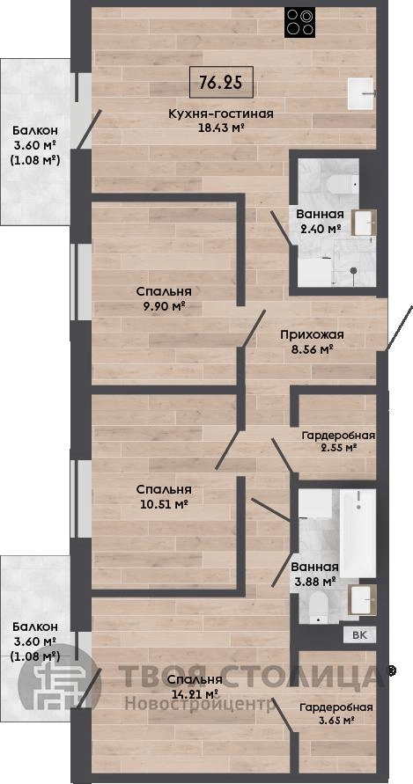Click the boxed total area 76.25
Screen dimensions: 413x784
pyautogui.click(x=221, y=82)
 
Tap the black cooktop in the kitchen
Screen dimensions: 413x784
pyautogui.click(x=300, y=23)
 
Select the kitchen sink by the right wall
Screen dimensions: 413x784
pyautogui.click(x=362, y=93)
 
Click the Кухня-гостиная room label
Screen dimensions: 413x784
pyautogui.click(x=221, y=114)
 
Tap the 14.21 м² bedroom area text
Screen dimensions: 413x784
pyautogui.click(x=195, y=694)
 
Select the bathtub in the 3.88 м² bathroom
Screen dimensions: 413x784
pyautogui.click(x=358, y=533)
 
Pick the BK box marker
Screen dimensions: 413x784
pyautogui.click(x=359, y=635)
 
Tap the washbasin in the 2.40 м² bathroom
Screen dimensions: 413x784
pyautogui.click(x=364, y=223)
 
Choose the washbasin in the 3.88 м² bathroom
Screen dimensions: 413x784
pyautogui.click(x=364, y=599)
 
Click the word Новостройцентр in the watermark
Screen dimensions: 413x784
pyautogui.click(x=200, y=704)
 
